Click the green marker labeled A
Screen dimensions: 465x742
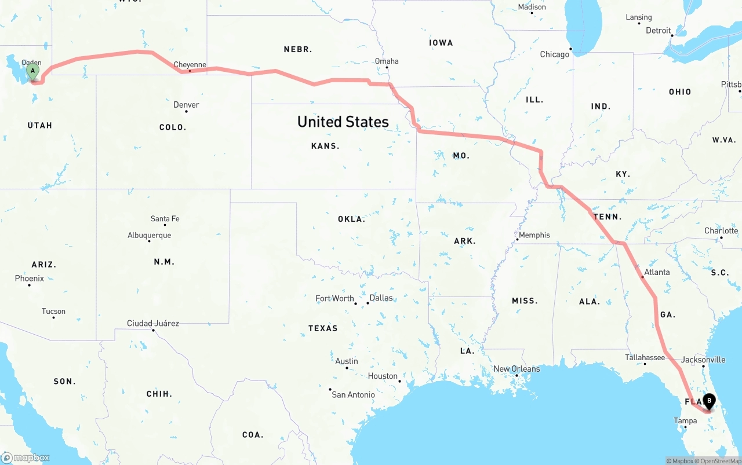[x=33, y=72]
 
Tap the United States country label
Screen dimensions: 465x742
[x=343, y=122]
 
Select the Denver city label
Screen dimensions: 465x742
[x=186, y=105]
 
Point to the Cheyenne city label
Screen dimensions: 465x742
[x=190, y=65]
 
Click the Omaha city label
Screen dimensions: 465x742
[x=387, y=61]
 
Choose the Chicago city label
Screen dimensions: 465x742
[x=555, y=54]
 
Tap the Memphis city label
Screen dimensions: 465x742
[x=534, y=235]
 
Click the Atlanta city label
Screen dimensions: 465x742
[x=657, y=272]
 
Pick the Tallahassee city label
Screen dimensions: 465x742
[x=645, y=357]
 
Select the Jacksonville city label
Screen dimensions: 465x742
[x=703, y=360]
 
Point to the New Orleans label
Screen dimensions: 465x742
[x=517, y=369]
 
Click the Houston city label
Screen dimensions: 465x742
[x=383, y=376]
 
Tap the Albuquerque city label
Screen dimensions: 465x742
[x=150, y=235]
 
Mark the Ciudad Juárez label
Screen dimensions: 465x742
[x=153, y=323]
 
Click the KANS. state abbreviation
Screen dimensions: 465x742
[x=325, y=146]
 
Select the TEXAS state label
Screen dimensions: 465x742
[x=323, y=328]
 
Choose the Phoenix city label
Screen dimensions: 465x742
[x=30, y=279]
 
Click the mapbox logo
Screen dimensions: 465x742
[x=26, y=457]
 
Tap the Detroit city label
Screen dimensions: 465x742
[x=659, y=31]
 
